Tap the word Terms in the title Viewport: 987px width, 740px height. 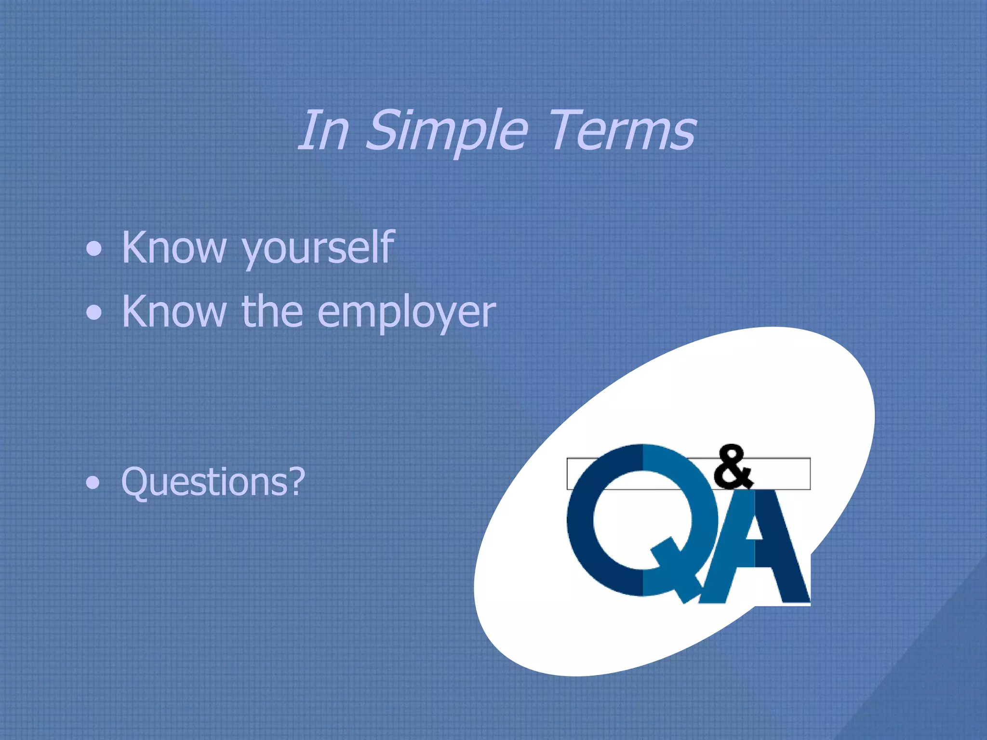622,130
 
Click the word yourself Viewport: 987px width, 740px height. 318,248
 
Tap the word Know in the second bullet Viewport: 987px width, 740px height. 174,312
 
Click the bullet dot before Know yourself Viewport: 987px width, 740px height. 94,250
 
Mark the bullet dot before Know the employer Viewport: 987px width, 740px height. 94,314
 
